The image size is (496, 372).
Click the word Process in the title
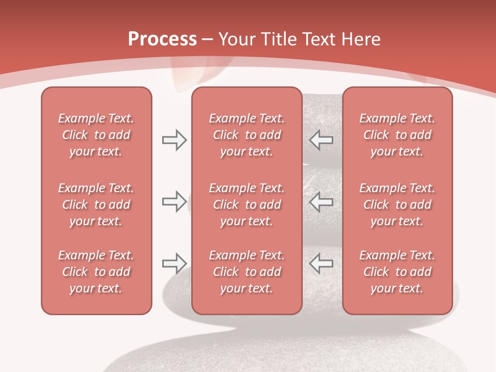click(162, 39)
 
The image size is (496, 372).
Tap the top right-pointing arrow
click(174, 140)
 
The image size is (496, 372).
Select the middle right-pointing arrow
click(174, 202)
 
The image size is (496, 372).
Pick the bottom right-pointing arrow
click(174, 263)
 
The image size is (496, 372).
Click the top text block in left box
click(96, 135)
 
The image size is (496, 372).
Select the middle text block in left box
click(96, 205)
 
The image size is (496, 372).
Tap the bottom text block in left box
click(96, 272)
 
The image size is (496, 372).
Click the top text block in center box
click(246, 135)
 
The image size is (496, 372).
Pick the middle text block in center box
click(246, 205)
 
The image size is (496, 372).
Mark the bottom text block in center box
click(246, 272)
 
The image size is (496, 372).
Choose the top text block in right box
click(397, 135)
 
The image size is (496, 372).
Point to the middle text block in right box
click(397, 205)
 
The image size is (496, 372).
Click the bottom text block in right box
click(397, 272)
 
